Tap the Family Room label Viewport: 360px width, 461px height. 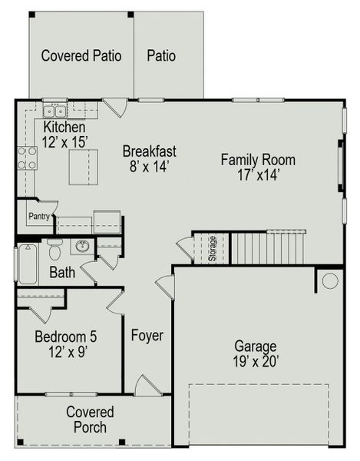(x=258, y=167)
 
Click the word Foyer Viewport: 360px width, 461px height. (x=146, y=336)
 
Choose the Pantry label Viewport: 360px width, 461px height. (x=39, y=217)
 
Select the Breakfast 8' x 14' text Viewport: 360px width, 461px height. (x=150, y=158)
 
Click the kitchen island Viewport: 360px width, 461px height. (x=84, y=167)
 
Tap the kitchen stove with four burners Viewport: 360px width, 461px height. (x=27, y=158)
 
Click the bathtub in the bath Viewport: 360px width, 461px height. (x=26, y=264)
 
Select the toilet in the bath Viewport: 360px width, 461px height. (x=54, y=249)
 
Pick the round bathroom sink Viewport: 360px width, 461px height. (x=82, y=247)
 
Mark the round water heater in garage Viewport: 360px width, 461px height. (x=330, y=280)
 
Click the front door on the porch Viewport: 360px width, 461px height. (x=143, y=386)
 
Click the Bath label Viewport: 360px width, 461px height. (x=62, y=272)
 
